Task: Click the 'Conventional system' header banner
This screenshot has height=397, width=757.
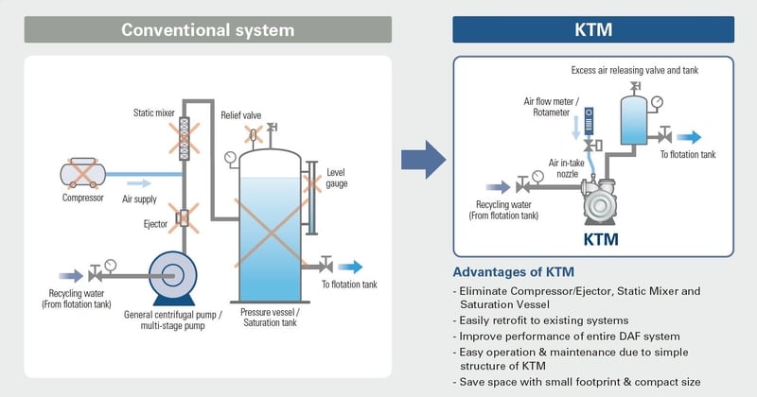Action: click(207, 29)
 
